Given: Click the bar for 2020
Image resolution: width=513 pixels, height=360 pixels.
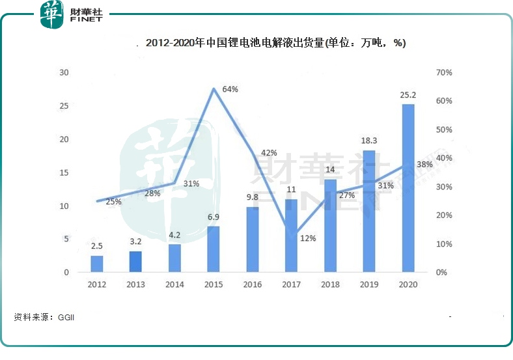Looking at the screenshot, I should [408, 188].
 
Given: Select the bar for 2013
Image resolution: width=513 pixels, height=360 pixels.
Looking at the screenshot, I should [135, 261].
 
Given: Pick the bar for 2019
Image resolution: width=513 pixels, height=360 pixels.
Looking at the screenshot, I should [369, 211].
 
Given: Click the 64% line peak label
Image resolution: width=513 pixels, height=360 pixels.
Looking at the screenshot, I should [230, 89].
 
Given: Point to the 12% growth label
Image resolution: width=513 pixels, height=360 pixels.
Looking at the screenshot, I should [308, 238].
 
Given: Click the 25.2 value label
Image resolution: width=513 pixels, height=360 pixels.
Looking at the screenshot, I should [408, 96].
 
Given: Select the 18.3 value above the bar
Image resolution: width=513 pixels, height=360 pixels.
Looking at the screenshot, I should [369, 141].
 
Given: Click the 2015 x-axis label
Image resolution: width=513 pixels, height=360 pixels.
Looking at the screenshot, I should [214, 284].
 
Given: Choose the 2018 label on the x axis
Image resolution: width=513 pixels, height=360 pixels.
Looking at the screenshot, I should [330, 284].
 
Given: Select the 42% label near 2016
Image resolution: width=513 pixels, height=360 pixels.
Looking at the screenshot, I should [269, 153].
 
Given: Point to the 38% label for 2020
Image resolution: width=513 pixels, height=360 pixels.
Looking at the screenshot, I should [424, 165].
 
